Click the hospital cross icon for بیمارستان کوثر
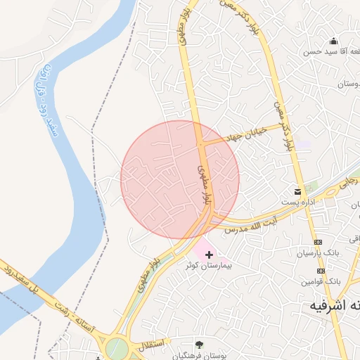(209, 254)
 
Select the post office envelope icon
(299, 191)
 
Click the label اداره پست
(297, 202)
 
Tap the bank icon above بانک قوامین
(321, 271)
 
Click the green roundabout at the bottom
(117, 348)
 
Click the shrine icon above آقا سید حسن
(333, 41)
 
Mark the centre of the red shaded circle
(180, 179)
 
